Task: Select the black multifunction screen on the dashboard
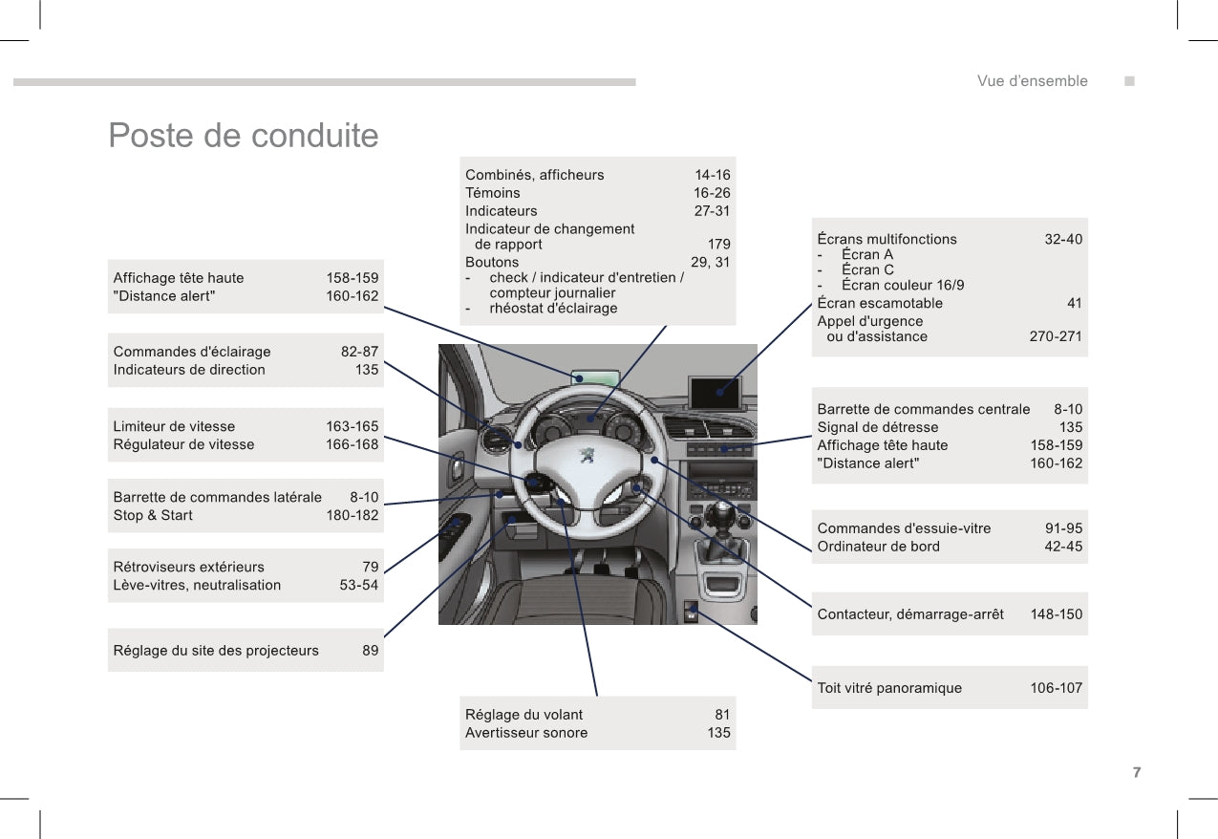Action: pyautogui.click(x=714, y=392)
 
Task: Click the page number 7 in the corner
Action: pyautogui.click(x=1136, y=772)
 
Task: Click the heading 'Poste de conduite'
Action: pyautogui.click(x=244, y=136)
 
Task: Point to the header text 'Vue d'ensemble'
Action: pyautogui.click(x=1032, y=81)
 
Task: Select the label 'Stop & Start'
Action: pyautogui.click(x=153, y=515)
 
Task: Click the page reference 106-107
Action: pyautogui.click(x=1056, y=688)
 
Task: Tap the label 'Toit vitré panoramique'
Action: pyautogui.click(x=889, y=688)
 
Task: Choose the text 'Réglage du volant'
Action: pyautogui.click(x=524, y=715)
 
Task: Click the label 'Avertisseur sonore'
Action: pyautogui.click(x=526, y=733)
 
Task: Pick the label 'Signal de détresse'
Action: pyautogui.click(x=878, y=427)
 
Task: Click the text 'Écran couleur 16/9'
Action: pyautogui.click(x=903, y=285)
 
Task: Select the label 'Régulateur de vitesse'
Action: pyautogui.click(x=184, y=444)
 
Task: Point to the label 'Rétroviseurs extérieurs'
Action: pyautogui.click(x=189, y=567)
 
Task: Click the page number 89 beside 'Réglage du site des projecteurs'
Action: pyautogui.click(x=370, y=651)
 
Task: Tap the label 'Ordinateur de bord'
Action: pyautogui.click(x=879, y=547)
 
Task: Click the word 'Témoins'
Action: pyautogui.click(x=493, y=193)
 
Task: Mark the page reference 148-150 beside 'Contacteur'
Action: pyautogui.click(x=1056, y=614)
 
